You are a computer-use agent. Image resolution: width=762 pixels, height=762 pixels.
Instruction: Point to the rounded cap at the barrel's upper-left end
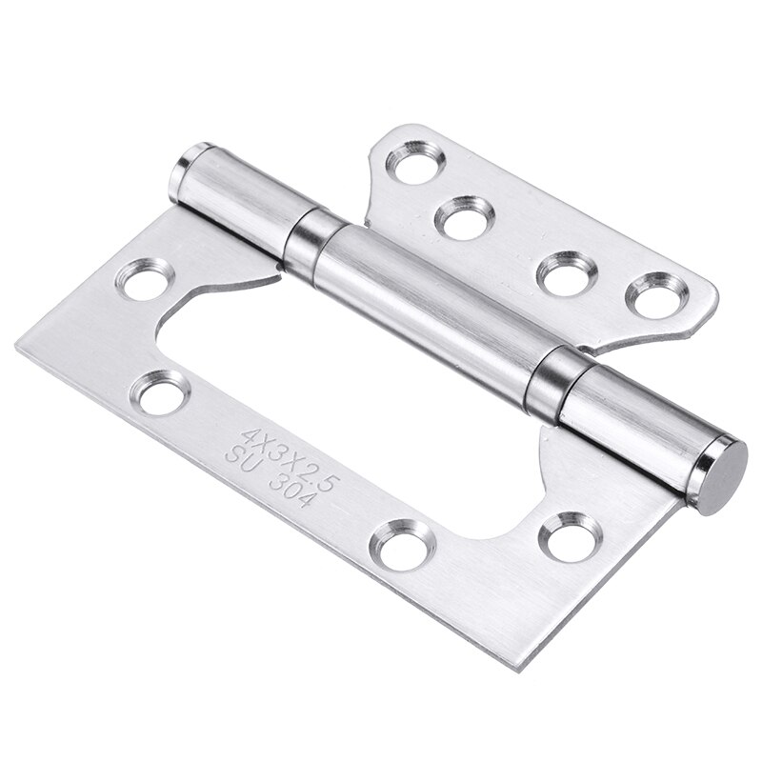(191, 159)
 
